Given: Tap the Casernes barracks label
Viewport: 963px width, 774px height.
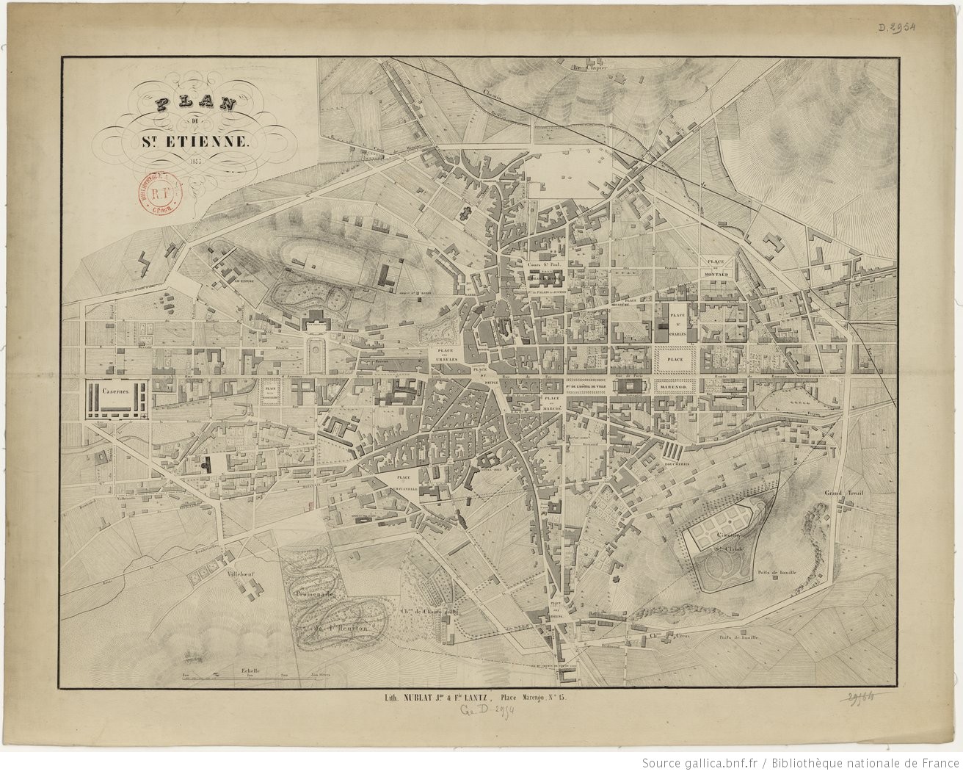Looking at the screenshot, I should [116, 392].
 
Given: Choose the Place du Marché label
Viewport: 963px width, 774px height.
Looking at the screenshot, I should [551, 402].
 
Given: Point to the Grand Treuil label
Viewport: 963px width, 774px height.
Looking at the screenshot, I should [841, 493].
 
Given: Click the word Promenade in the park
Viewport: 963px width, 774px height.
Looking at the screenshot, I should [315, 593].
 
